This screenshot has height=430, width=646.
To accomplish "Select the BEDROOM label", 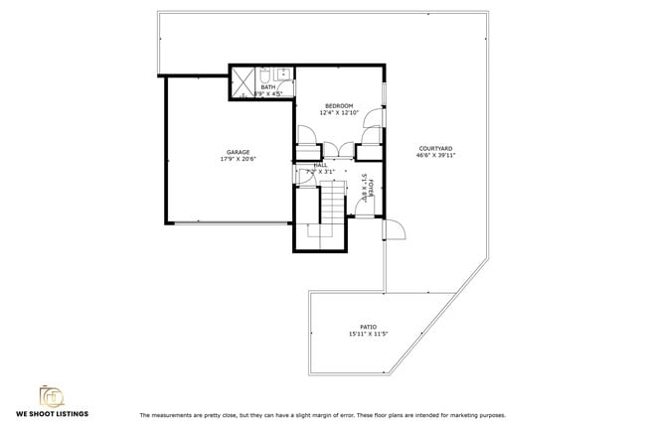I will tap(339, 105).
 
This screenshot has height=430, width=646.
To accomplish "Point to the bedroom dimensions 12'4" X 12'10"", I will tap(339, 112).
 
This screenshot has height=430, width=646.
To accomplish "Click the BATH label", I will tap(268, 87).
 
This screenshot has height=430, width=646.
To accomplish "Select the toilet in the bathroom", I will tap(266, 74).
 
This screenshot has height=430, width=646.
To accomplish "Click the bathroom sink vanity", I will tap(282, 73).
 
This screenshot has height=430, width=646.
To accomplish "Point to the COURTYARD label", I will tap(435, 148).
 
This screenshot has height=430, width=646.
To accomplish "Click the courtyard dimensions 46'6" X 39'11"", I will tap(435, 155).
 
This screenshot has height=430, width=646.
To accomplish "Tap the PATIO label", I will tap(368, 327).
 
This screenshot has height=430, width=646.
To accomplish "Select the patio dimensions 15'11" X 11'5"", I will tap(368, 334).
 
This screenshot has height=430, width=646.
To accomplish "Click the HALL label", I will tap(320, 165).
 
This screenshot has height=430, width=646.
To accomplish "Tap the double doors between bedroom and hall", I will tap(338, 151).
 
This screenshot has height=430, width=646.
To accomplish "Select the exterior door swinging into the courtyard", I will tap(395, 230).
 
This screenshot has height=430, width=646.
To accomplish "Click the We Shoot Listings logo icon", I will tap(49, 394).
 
